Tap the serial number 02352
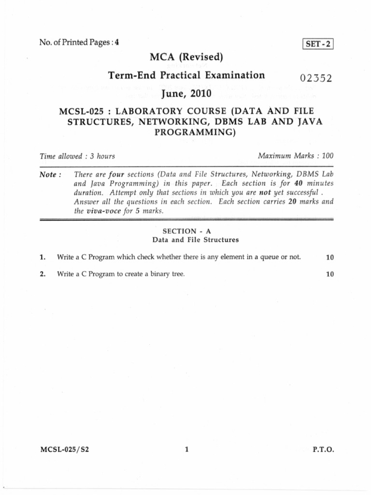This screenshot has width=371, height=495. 316,78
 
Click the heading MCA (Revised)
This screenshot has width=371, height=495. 186,58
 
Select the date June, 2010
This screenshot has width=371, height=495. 186,92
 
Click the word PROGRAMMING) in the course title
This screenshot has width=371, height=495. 195,131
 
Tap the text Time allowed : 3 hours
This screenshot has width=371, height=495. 77,156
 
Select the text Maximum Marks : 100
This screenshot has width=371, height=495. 296,156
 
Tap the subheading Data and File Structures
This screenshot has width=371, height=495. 196,239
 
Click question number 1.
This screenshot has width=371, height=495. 43,257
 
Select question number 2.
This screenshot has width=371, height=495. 43,274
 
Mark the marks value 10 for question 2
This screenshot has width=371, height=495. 330,274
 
